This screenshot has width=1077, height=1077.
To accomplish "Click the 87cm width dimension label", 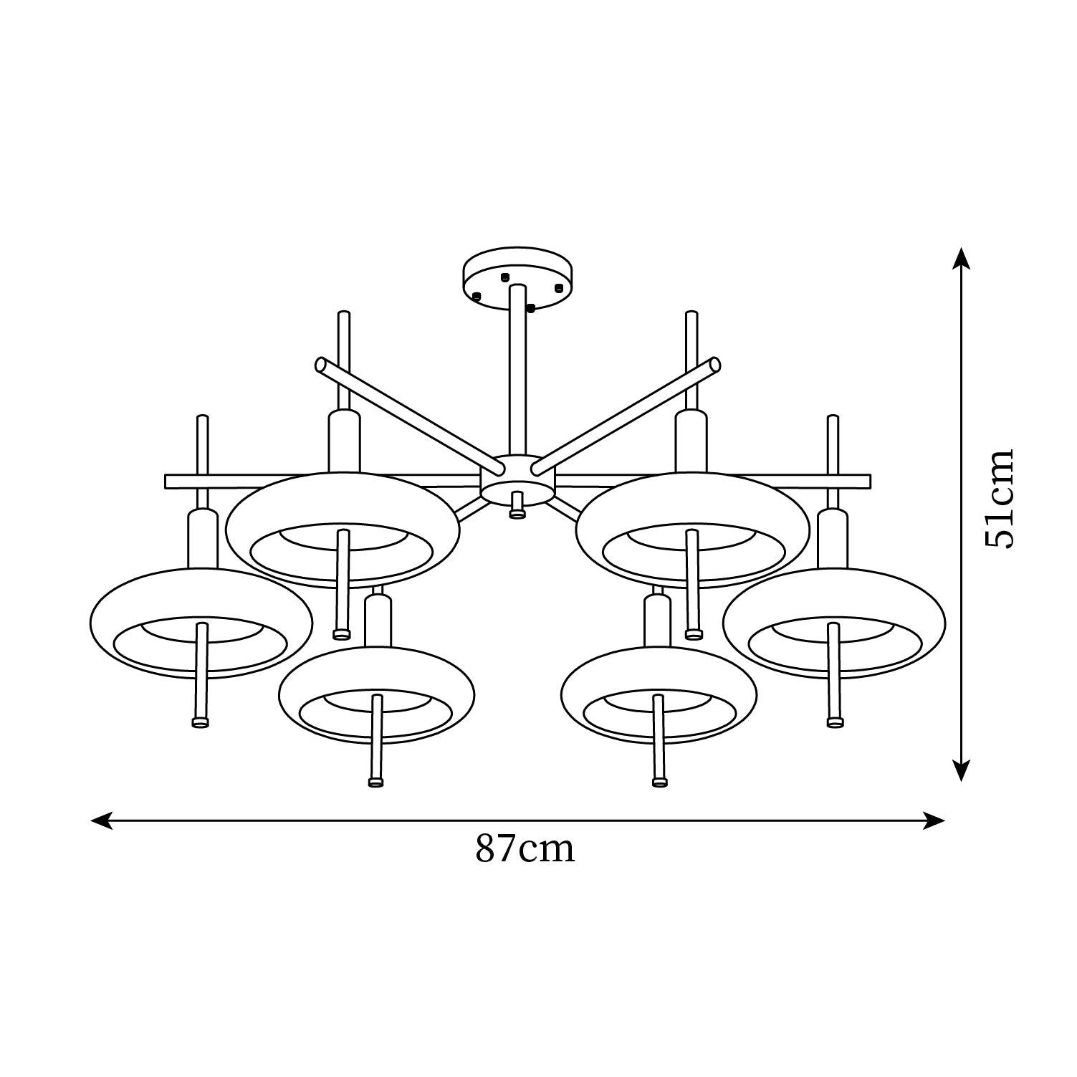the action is (x=525, y=849).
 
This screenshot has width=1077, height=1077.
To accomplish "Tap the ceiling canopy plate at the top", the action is (x=518, y=279).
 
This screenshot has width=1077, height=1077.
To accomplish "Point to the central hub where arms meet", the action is (x=517, y=479).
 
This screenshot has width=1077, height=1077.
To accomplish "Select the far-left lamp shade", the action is (x=201, y=623).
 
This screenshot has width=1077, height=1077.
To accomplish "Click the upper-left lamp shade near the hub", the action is (x=343, y=530).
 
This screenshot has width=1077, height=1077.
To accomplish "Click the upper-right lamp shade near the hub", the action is (x=693, y=530).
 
